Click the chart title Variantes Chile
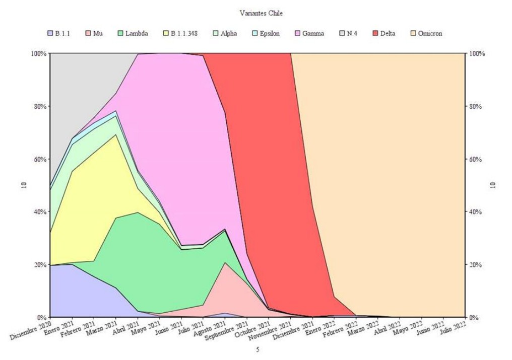point(261,14)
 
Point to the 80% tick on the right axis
point(476,106)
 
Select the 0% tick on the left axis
point(42,317)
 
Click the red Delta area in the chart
point(262,176)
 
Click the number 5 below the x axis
point(258,349)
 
